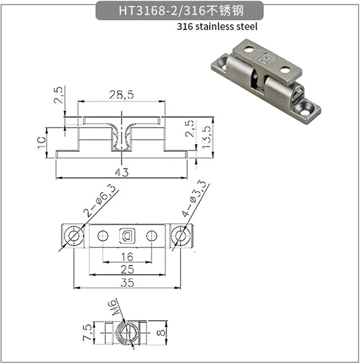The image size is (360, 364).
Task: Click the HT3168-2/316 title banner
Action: click(x=180, y=11)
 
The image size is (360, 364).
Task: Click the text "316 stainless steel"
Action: click(x=217, y=27)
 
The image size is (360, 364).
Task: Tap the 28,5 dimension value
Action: click(x=121, y=95)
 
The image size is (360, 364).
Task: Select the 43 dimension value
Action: click(x=121, y=172)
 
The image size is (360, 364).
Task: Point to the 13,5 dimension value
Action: click(x=206, y=137)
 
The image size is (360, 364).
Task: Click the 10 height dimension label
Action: click(x=42, y=142)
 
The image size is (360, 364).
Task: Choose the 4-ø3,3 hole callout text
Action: click(x=195, y=198)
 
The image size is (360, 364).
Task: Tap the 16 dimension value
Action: click(x=127, y=257)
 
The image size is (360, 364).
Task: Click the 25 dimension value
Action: click(x=127, y=269)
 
